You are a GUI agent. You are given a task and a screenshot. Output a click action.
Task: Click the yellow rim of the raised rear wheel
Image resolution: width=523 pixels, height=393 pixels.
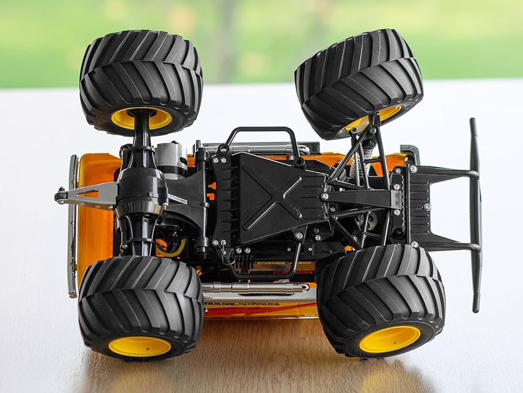141,119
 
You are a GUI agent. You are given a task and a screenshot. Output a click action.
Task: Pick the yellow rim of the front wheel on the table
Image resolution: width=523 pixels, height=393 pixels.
389,339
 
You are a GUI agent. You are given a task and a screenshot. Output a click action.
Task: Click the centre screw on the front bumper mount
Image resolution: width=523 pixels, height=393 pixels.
427,207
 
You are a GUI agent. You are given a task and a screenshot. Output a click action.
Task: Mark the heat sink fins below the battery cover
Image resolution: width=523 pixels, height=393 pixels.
243,261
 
